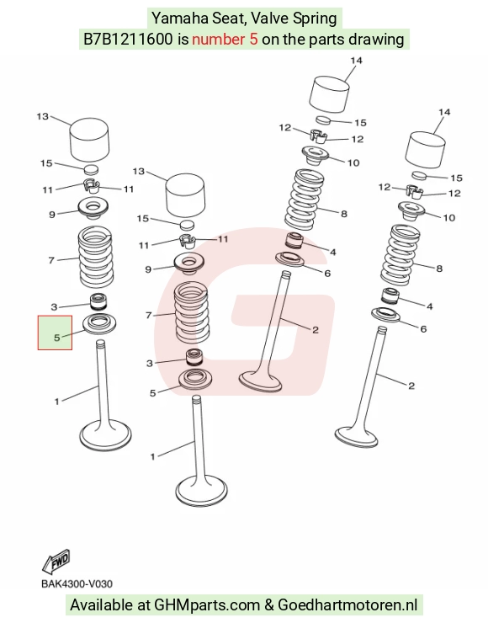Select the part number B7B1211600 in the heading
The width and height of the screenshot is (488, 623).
tap(128, 39)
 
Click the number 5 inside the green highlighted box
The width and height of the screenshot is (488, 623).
tap(56, 338)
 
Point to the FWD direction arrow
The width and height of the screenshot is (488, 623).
tap(56, 562)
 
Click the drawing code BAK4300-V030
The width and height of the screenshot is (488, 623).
tap(77, 583)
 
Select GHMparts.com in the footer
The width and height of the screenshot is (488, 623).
tap(207, 605)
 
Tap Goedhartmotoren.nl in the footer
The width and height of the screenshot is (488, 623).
tap(347, 605)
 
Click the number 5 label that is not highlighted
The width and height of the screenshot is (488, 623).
tap(153, 393)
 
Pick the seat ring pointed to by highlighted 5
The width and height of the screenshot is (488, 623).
tap(99, 324)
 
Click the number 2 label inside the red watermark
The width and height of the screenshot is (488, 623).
tap(316, 330)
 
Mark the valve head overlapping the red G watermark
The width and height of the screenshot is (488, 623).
tap(261, 381)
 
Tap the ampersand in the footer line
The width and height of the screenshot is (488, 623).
tap(268, 605)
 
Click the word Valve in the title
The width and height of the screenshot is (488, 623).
tap(273, 19)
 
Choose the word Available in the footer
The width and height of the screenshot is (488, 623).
tap(101, 605)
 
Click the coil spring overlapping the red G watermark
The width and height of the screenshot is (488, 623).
tap(192, 311)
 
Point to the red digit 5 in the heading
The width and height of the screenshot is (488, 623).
tap(254, 39)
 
